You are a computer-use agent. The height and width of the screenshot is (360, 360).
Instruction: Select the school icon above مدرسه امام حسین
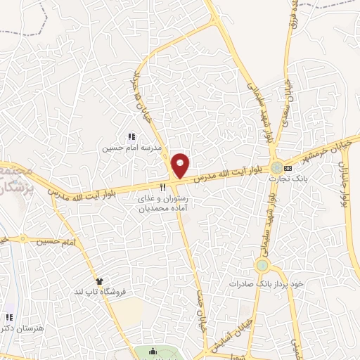coord(131,136)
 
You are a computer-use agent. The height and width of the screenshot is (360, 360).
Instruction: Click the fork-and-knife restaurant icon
coord(163,187)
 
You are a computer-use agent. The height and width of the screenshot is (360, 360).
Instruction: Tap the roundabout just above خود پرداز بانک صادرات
coord(263,266)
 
